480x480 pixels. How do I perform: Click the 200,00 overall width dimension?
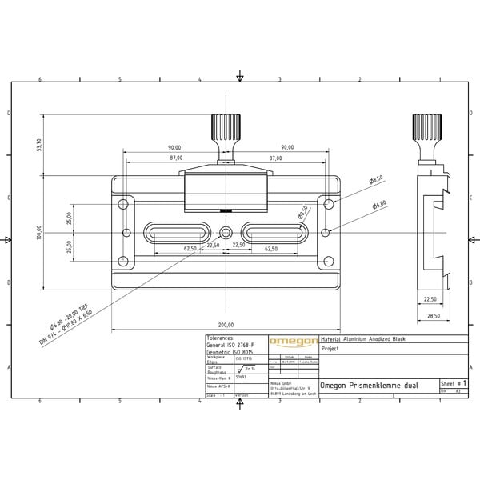click(x=226, y=325)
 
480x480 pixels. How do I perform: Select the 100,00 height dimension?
click(x=38, y=233)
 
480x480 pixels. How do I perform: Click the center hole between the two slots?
click(x=226, y=233)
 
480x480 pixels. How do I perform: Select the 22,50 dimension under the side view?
click(x=430, y=300)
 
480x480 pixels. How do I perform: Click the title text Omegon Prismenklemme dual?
click(x=367, y=385)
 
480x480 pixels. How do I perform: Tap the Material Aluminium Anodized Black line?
click(x=362, y=340)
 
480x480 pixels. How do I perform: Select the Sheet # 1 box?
click(x=453, y=385)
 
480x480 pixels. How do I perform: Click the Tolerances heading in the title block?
click(x=221, y=338)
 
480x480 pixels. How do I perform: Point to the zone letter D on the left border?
click(x=9, y=113)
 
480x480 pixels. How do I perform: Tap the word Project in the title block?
click(x=330, y=350)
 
